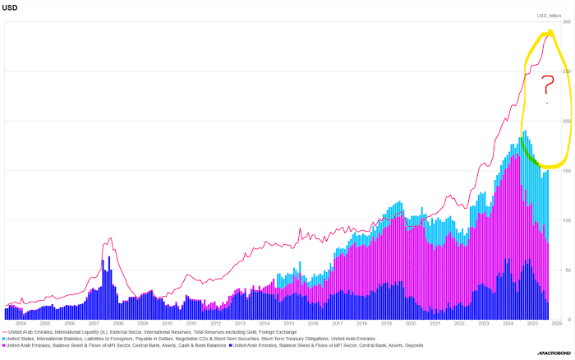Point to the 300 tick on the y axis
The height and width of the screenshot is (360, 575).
[x=565, y=21]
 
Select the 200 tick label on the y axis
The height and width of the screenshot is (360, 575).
[x=565, y=121]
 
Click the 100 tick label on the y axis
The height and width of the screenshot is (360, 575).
[x=565, y=220]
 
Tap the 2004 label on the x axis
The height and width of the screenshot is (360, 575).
[x=21, y=325]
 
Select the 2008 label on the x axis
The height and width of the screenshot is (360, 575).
[x=118, y=325]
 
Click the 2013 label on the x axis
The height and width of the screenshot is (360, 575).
[x=240, y=325]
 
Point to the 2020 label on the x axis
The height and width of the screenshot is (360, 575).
[x=411, y=325]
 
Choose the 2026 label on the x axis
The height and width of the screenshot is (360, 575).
[x=556, y=325]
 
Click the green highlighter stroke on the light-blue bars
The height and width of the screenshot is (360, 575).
[x=530, y=152]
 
